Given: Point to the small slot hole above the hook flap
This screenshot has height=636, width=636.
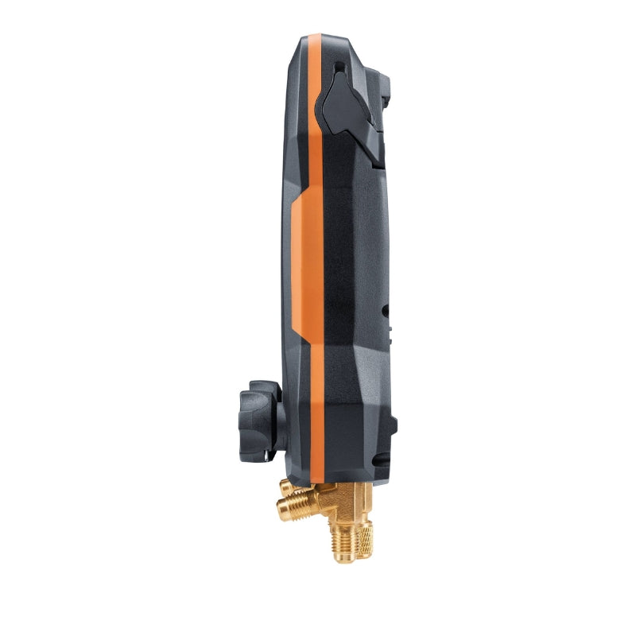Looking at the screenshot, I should [339, 67].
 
